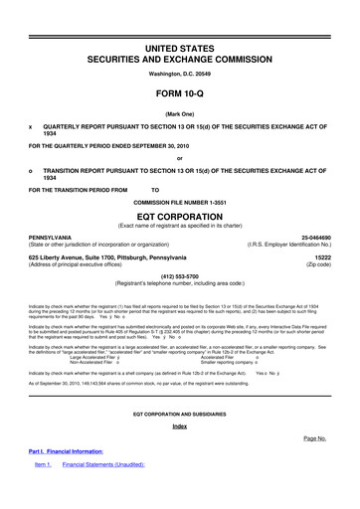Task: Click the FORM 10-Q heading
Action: tap(179, 84)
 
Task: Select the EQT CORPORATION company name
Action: tap(179, 211)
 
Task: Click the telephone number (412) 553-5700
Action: tap(179, 277)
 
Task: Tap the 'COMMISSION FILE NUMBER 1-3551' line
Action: tap(179, 196)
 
